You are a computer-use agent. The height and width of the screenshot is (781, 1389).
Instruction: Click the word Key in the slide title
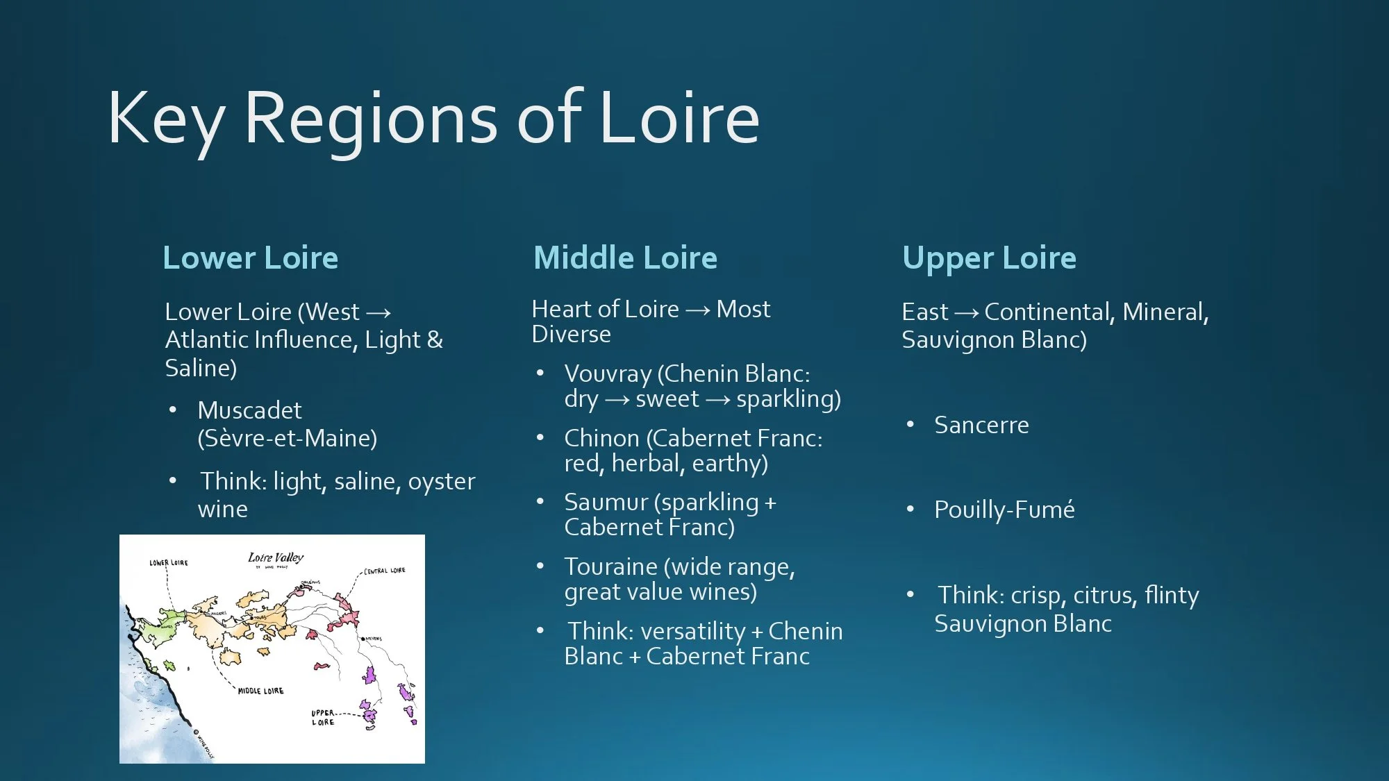[165, 119]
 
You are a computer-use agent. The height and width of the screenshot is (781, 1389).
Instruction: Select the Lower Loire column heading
[250, 258]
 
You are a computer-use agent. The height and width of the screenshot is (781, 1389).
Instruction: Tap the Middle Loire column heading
[625, 258]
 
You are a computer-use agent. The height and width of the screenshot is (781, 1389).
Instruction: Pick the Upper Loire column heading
[989, 258]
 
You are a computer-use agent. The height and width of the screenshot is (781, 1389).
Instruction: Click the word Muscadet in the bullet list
[249, 410]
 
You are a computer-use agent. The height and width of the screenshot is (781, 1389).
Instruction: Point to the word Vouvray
[608, 373]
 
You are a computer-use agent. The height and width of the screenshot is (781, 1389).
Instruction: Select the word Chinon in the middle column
[601, 438]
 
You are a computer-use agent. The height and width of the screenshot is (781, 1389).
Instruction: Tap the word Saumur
[606, 502]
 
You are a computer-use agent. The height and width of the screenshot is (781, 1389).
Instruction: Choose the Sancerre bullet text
[981, 425]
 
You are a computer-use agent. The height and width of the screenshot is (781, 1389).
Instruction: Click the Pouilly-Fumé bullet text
[1004, 510]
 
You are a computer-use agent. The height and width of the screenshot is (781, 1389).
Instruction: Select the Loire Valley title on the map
[276, 557]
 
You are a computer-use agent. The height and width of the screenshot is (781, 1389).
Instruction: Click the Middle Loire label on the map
[260, 691]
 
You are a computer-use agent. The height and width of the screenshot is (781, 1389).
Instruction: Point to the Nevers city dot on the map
[362, 638]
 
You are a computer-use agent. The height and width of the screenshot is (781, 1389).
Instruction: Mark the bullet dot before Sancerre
[910, 424]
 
